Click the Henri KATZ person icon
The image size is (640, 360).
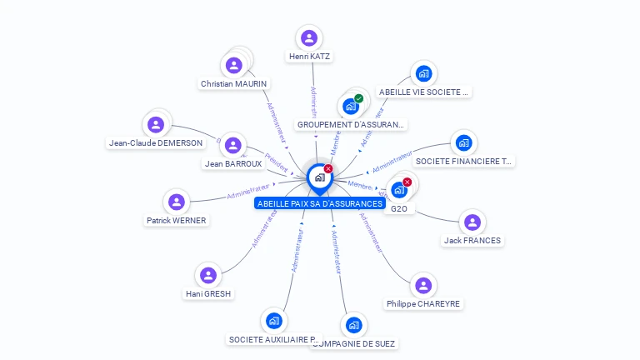pos(309,38)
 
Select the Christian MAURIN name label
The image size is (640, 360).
pos(233,83)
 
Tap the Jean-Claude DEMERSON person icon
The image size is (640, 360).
pos(155,125)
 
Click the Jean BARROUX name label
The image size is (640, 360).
pos(233,163)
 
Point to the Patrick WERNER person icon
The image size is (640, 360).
pos(176,202)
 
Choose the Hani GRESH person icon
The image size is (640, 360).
pos(208,275)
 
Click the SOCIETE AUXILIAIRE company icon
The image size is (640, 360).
pos(273,321)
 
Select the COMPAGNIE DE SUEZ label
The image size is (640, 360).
pos(354,342)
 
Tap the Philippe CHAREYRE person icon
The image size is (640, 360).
pos(423,286)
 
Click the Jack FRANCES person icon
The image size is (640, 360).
pos(472,222)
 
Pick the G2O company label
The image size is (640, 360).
pos(399,208)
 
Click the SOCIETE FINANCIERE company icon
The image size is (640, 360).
pos(463,142)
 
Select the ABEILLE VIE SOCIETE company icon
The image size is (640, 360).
pos(423,73)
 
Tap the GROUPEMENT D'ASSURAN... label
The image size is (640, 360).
pos(351,125)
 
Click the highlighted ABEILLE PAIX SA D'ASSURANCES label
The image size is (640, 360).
pos(320,203)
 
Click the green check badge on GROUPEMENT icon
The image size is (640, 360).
pos(359,99)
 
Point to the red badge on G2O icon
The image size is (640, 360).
pos(407,182)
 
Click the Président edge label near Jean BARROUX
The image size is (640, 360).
pos(276,157)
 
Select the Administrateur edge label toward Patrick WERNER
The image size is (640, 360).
pos(248,192)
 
